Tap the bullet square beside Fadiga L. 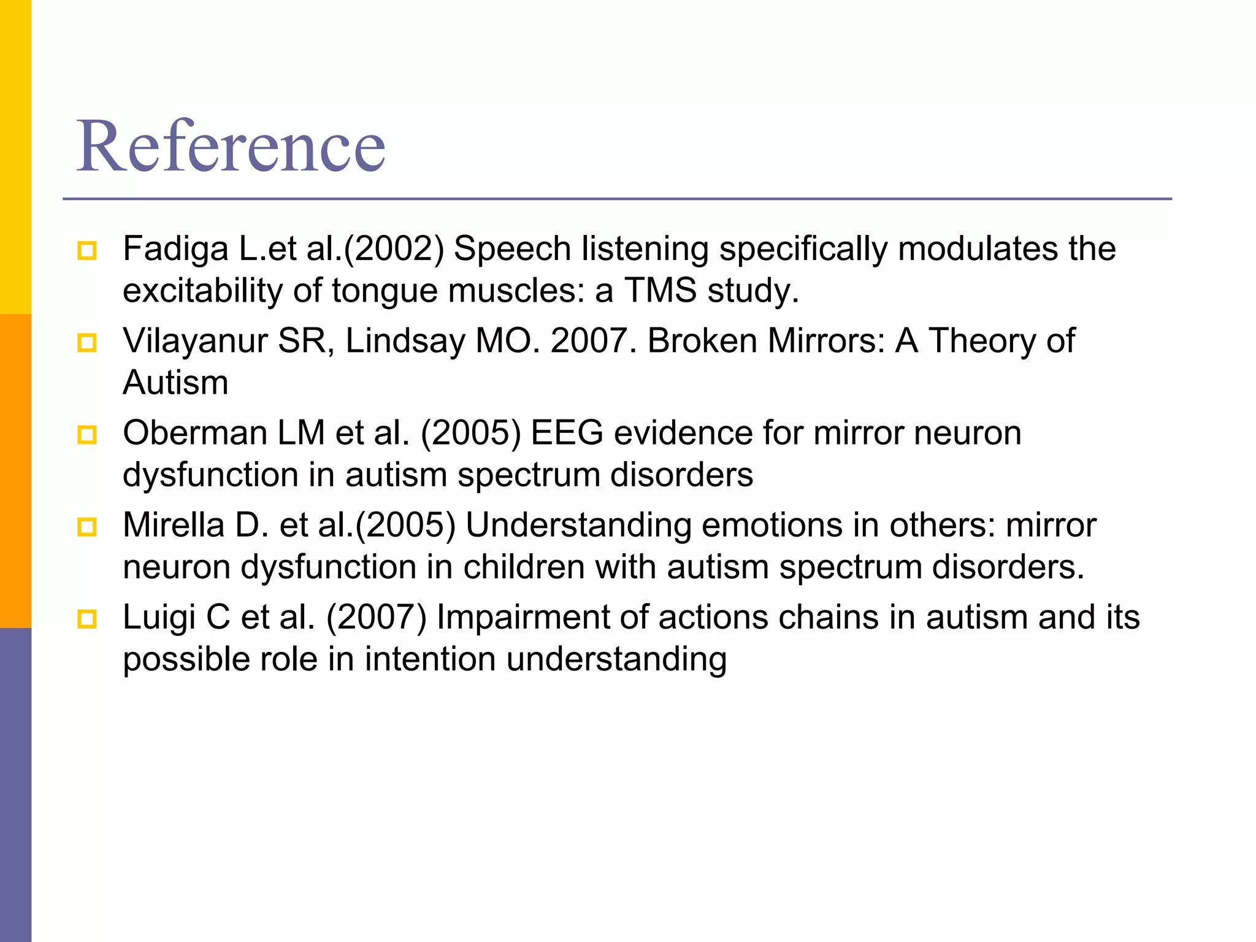(x=87, y=251)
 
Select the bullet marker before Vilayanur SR (x=87, y=343)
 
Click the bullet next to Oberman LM (x=87, y=435)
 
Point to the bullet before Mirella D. (x=87, y=527)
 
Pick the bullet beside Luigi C (x=87, y=619)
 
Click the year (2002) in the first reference (x=394, y=249)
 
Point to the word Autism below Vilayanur (x=175, y=383)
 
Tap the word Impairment (x=523, y=618)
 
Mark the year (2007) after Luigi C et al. (x=376, y=618)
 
